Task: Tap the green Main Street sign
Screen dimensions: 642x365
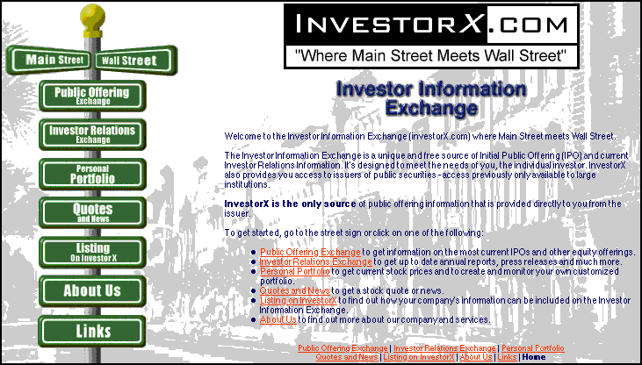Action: tap(49, 61)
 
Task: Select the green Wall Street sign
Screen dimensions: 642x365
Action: tap(136, 61)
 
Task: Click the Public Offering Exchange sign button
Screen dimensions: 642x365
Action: tap(92, 96)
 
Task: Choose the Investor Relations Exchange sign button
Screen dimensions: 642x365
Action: tap(92, 134)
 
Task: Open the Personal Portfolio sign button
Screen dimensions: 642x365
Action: tap(92, 175)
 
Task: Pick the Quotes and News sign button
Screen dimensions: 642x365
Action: tap(92, 213)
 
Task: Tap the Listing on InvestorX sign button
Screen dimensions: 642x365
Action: tap(92, 253)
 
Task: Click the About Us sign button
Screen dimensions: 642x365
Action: tap(92, 291)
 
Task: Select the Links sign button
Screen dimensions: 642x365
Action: tap(92, 331)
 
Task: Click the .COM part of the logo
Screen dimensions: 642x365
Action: tap(532, 25)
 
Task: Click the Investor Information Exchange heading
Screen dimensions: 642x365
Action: tap(431, 98)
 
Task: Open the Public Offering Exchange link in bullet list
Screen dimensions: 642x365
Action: tap(310, 252)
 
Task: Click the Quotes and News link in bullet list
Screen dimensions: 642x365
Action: tap(295, 291)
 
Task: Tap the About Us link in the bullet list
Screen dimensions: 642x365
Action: tap(278, 319)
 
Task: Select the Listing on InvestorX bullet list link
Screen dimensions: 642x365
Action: tap(299, 300)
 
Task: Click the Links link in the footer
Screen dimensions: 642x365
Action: tap(507, 357)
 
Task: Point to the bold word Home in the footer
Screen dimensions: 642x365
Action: tap(534, 357)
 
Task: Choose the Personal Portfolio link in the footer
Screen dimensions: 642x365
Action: tap(533, 348)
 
